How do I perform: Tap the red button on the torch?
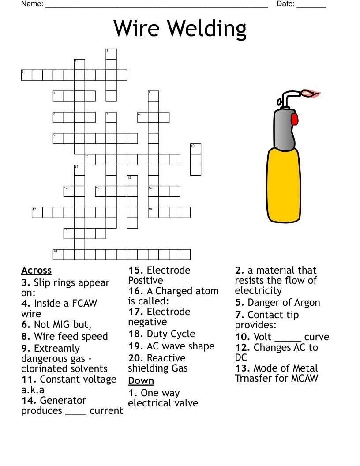pyautogui.click(x=295, y=119)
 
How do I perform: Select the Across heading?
pyautogui.click(x=36, y=271)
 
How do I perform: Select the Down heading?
pyautogui.click(x=141, y=381)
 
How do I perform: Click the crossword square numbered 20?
pyautogui.click(x=58, y=255)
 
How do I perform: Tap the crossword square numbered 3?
pyautogui.click(x=26, y=75)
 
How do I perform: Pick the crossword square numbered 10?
pyautogui.click(x=196, y=149)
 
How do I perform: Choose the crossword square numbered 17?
pyautogui.click(x=37, y=212)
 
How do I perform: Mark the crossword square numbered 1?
pyautogui.click(x=111, y=54)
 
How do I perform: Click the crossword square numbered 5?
pyautogui.click(x=153, y=96)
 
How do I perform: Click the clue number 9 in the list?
pyautogui.click(x=26, y=349)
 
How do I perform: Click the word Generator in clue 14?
pyautogui.click(x=63, y=400)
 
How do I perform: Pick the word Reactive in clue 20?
pyautogui.click(x=166, y=358)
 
